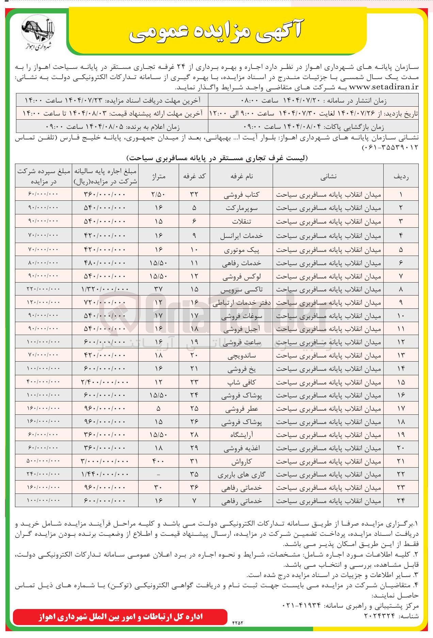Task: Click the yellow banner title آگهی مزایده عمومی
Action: [x=216, y=32]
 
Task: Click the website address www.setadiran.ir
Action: [x=384, y=87]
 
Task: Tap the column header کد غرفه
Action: [x=194, y=176]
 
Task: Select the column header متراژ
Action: [x=159, y=176]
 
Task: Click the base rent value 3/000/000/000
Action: [x=105, y=461]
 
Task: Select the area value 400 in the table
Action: [x=159, y=461]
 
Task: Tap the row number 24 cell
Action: [x=401, y=501]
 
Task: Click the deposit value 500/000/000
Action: [x=43, y=461]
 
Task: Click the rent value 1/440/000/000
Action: [x=105, y=474]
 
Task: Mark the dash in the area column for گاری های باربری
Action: [x=159, y=474]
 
